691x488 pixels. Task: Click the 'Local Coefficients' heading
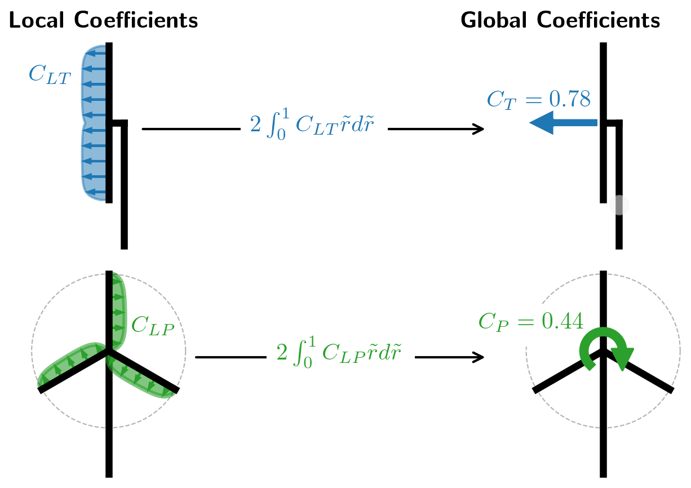point(103,21)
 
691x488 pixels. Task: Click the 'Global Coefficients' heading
point(560,21)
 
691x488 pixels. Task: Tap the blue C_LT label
point(50,75)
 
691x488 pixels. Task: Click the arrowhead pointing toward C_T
point(479,129)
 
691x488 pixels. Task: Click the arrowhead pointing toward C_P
point(479,357)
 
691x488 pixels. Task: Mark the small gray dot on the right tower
point(619,205)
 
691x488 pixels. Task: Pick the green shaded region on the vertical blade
point(117,310)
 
